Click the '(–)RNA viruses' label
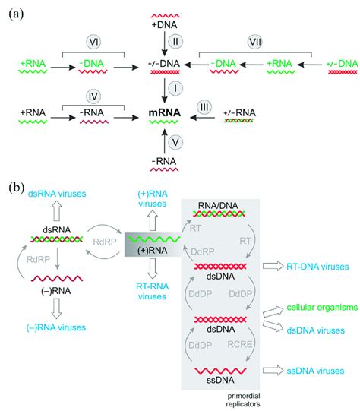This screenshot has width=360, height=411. pyautogui.click(x=56, y=327)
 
